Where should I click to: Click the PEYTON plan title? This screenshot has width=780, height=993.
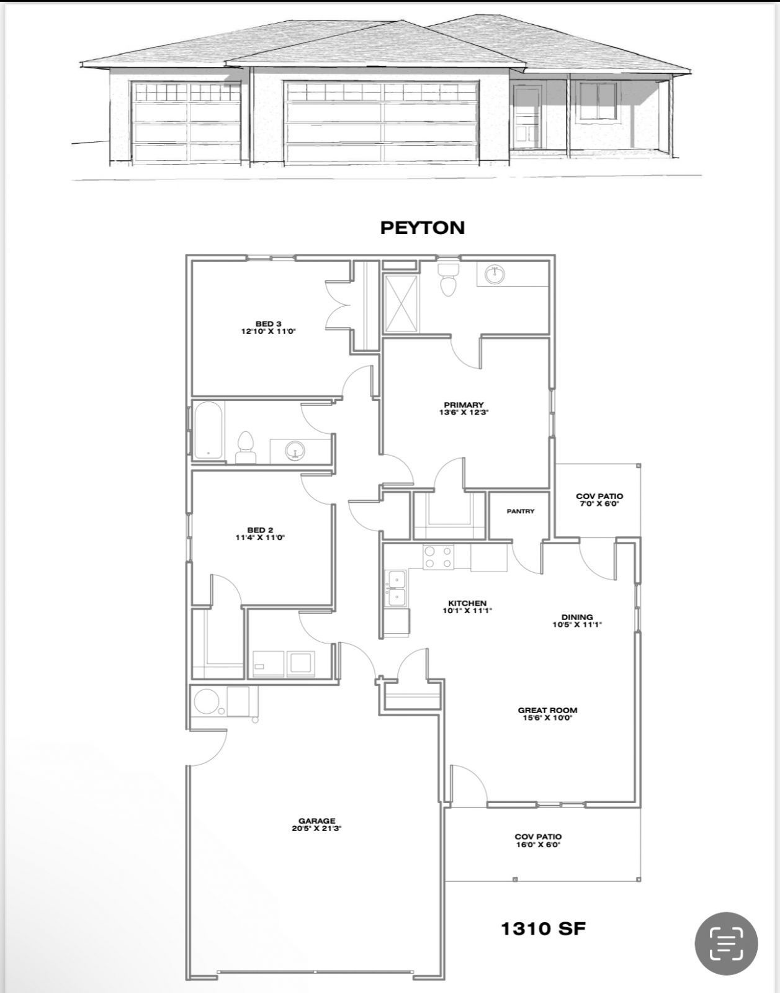click(x=422, y=228)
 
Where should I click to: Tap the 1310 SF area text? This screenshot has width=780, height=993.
click(x=543, y=928)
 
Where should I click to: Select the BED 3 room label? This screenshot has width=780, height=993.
click(x=268, y=327)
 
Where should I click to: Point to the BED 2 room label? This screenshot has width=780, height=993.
click(x=259, y=534)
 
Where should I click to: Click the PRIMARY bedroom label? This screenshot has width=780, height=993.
click(x=464, y=408)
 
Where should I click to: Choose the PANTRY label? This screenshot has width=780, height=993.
click(x=520, y=511)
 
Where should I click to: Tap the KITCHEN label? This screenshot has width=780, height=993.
click(x=467, y=606)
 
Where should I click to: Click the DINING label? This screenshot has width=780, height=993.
click(x=577, y=621)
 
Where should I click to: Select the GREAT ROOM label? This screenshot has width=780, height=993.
click(x=547, y=714)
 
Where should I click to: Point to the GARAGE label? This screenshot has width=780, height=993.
click(x=316, y=824)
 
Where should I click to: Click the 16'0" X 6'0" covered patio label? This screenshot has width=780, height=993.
click(x=538, y=840)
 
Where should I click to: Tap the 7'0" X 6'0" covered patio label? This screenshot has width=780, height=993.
click(x=599, y=500)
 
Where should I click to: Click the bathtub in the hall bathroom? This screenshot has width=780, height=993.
click(x=208, y=431)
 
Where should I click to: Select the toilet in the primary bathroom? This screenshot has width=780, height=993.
click(x=447, y=279)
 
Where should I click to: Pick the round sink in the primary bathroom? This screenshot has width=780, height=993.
click(x=495, y=274)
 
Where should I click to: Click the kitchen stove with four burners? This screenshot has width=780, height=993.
click(x=438, y=556)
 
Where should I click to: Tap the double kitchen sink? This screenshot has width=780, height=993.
click(x=396, y=588)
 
